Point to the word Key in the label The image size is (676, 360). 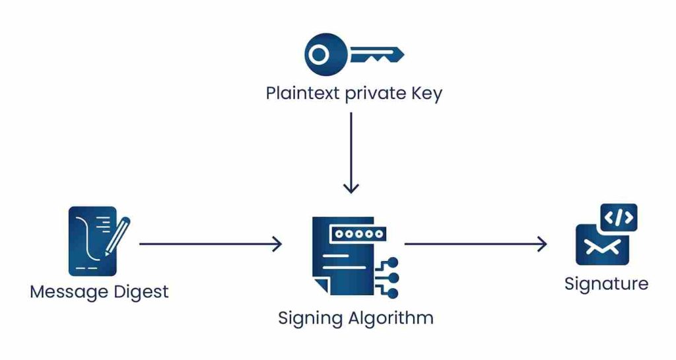click(425, 93)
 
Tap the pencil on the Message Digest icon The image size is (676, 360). click(118, 234)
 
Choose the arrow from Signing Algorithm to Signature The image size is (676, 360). click(475, 244)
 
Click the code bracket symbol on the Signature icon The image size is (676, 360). click(619, 217)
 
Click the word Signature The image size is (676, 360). click(606, 284)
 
